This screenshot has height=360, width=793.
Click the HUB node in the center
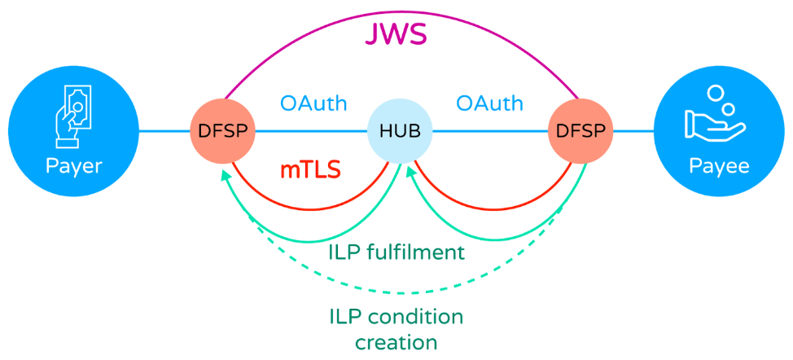(400, 131)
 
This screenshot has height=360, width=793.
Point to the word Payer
(74, 166)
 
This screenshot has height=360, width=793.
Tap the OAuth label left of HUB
(313, 104)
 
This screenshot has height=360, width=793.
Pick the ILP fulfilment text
(396, 252)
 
